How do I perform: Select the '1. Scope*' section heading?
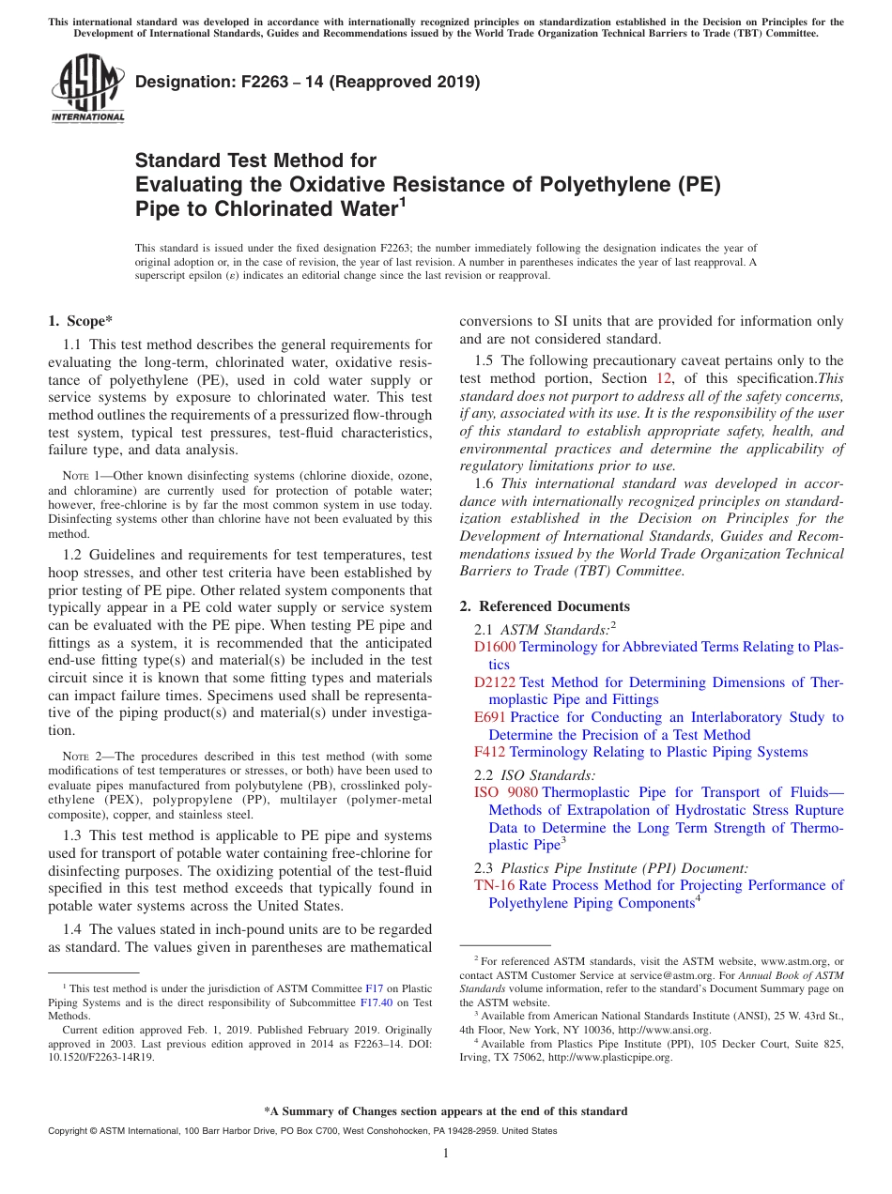click(x=81, y=321)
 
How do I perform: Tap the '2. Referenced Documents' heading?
click(x=545, y=606)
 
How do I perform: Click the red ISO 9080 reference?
click(x=506, y=792)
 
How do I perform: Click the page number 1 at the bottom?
click(x=446, y=1154)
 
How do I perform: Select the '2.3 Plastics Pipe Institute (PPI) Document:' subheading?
click(x=611, y=868)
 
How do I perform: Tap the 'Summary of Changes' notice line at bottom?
click(x=446, y=1111)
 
